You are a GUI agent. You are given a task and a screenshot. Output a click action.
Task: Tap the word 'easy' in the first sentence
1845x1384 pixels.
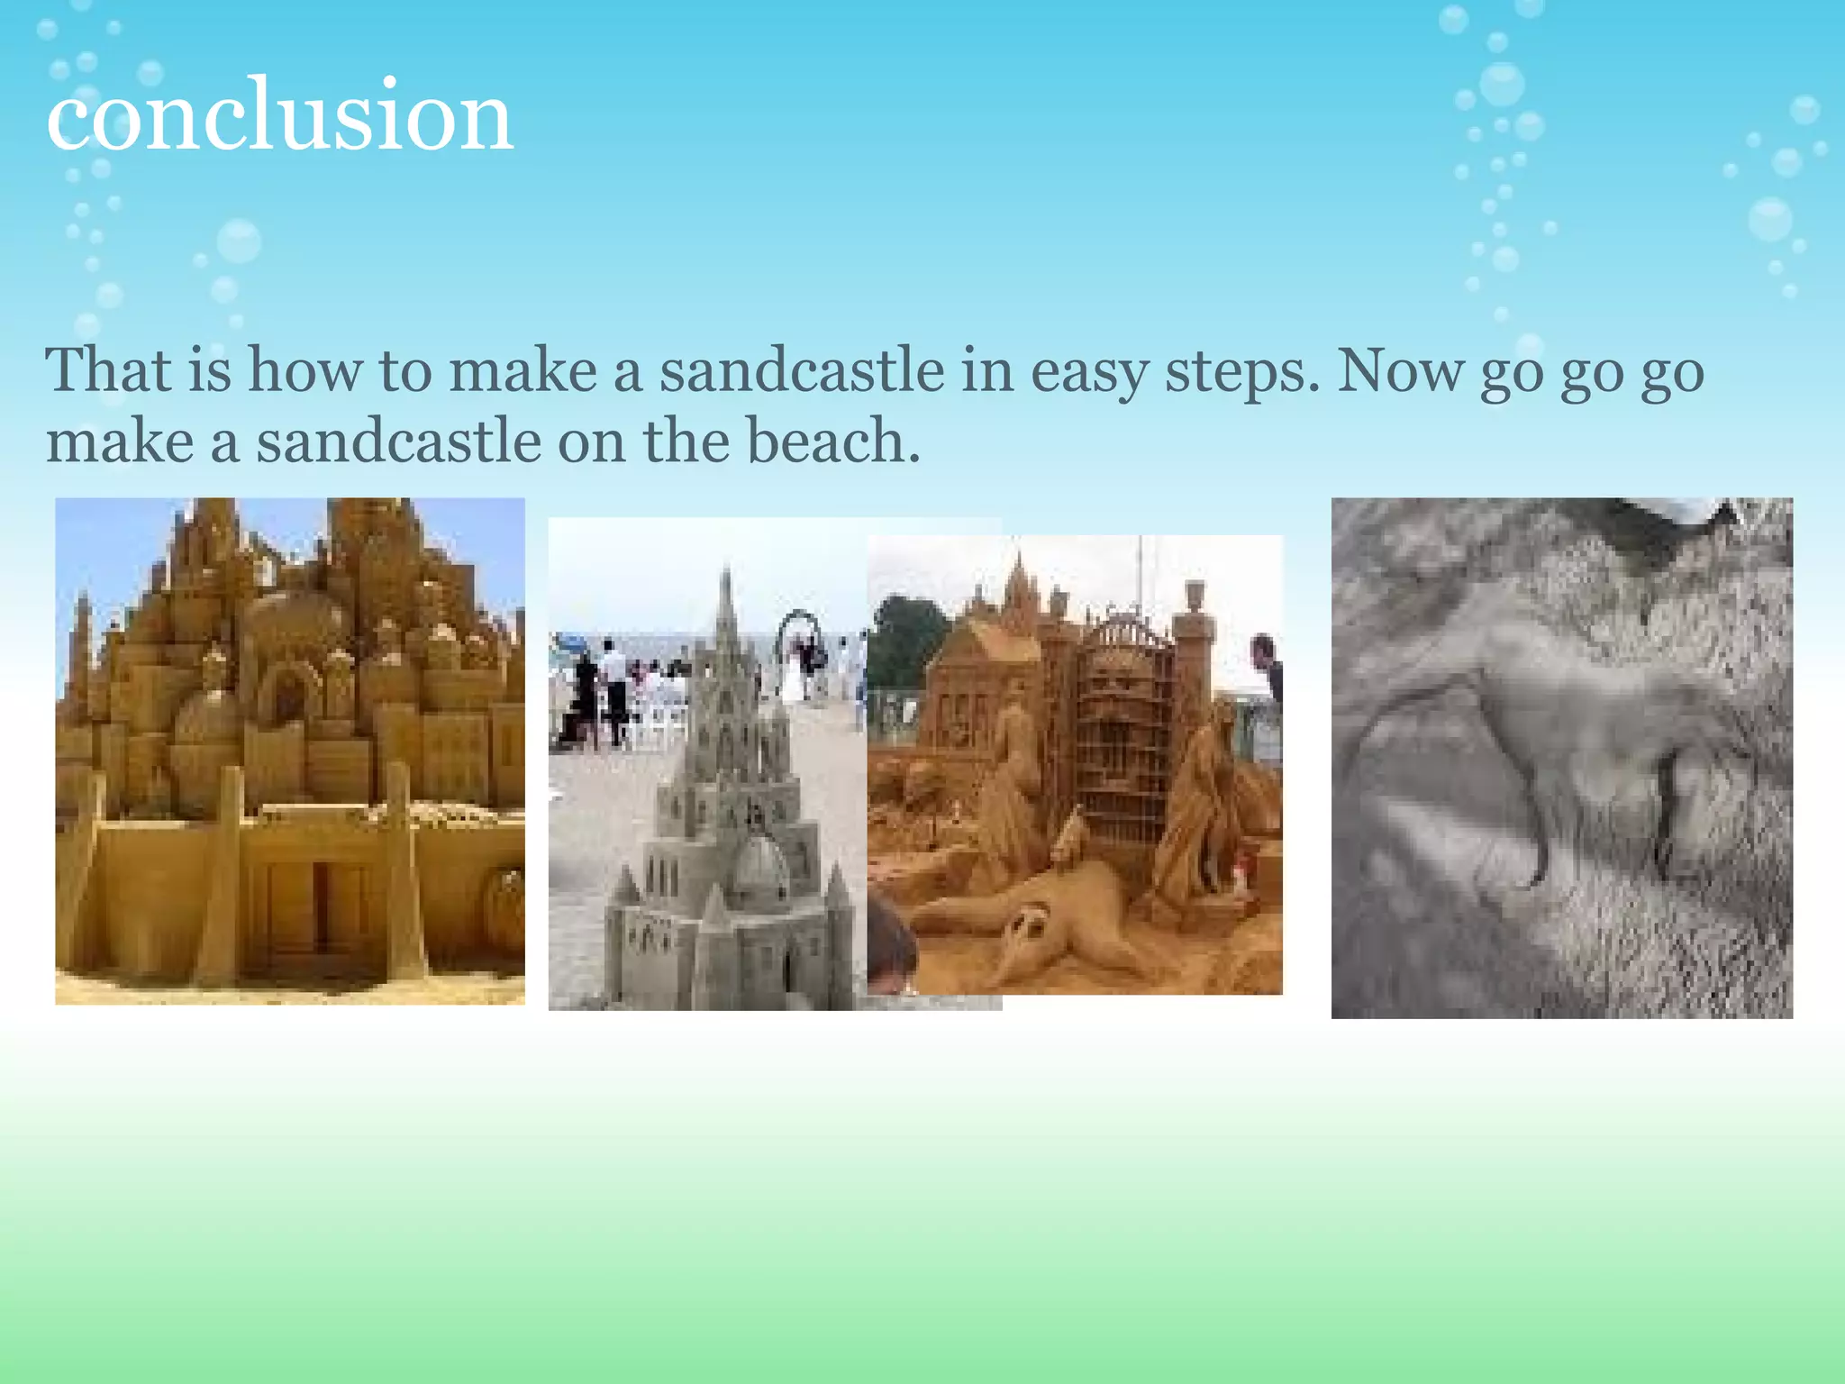pyautogui.click(x=1089, y=371)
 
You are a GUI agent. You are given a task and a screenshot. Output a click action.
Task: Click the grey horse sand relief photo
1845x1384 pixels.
pyautogui.click(x=1561, y=757)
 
